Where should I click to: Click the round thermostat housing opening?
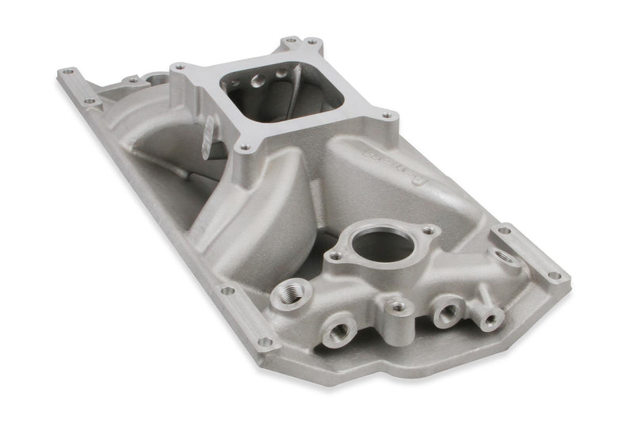[x=385, y=243]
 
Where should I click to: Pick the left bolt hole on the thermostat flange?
[x=336, y=257]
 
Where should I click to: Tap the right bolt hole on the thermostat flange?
[x=429, y=231]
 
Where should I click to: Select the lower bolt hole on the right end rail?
[x=556, y=276]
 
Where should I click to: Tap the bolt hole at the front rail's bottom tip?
[x=265, y=343]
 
